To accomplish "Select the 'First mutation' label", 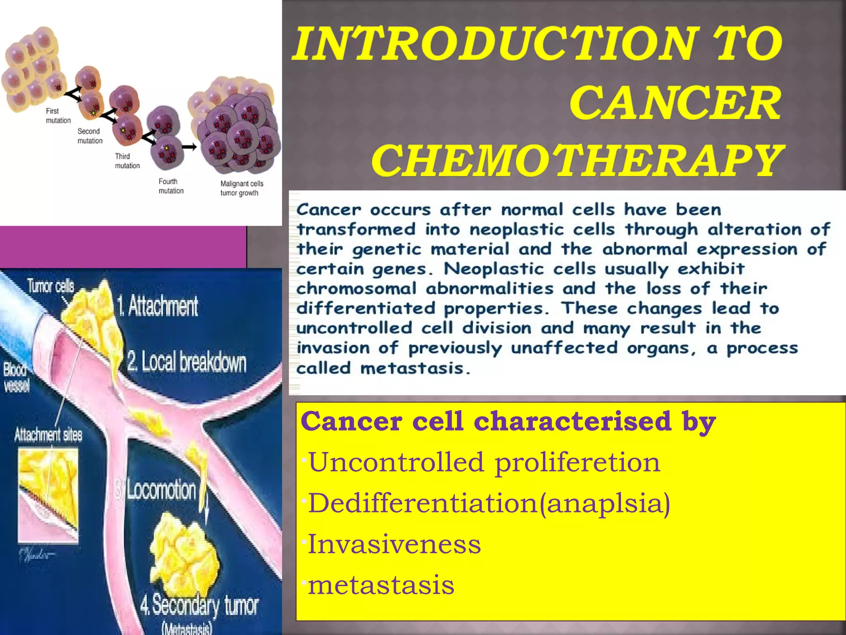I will tap(58, 116).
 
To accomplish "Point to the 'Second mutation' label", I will tap(90, 136).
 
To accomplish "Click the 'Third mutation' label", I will tap(127, 161).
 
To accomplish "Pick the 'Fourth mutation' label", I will tap(171, 186).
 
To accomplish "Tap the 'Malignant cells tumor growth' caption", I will tap(241, 188).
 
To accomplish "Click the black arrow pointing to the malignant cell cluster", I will tap(189, 147).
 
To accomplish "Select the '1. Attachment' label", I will tap(157, 306).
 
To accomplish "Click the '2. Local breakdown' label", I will tap(187, 362).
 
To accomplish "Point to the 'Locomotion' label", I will tap(161, 490).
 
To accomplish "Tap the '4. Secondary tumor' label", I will tap(199, 606).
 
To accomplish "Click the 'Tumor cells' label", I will tap(50, 286).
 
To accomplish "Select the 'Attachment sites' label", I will tap(48, 435).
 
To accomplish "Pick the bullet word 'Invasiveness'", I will tap(394, 544).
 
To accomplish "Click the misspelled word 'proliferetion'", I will tap(577, 462).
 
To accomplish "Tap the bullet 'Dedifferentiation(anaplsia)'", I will tap(489, 503).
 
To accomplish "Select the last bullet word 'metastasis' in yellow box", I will tap(381, 585).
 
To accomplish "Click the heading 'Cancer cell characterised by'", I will tap(508, 421).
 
